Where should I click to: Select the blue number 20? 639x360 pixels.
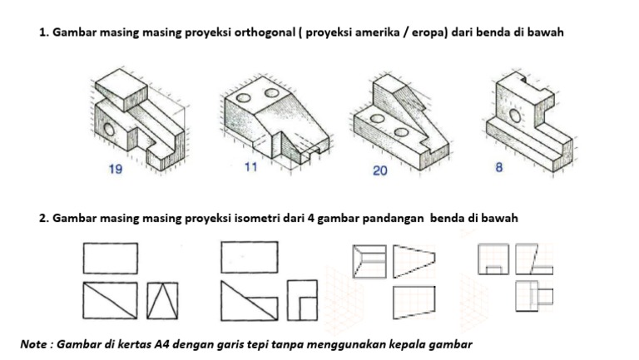pyautogui.click(x=380, y=171)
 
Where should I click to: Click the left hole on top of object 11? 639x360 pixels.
pyautogui.click(x=243, y=98)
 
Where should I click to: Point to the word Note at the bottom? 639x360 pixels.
pyautogui.click(x=35, y=343)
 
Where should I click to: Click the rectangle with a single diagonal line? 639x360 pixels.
pyautogui.click(x=111, y=299)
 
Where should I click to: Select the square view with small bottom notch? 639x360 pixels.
pyautogui.click(x=493, y=259)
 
